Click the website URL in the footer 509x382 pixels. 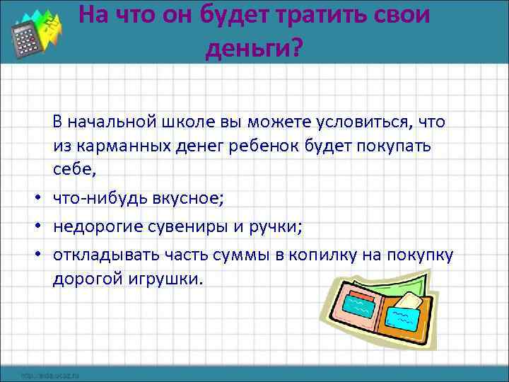[49, 374]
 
